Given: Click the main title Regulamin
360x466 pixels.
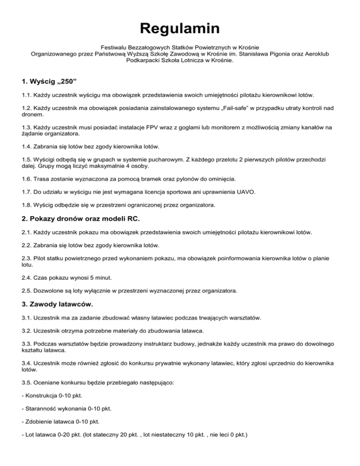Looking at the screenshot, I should [180, 29].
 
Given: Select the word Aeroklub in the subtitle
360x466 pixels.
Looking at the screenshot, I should [315, 54].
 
